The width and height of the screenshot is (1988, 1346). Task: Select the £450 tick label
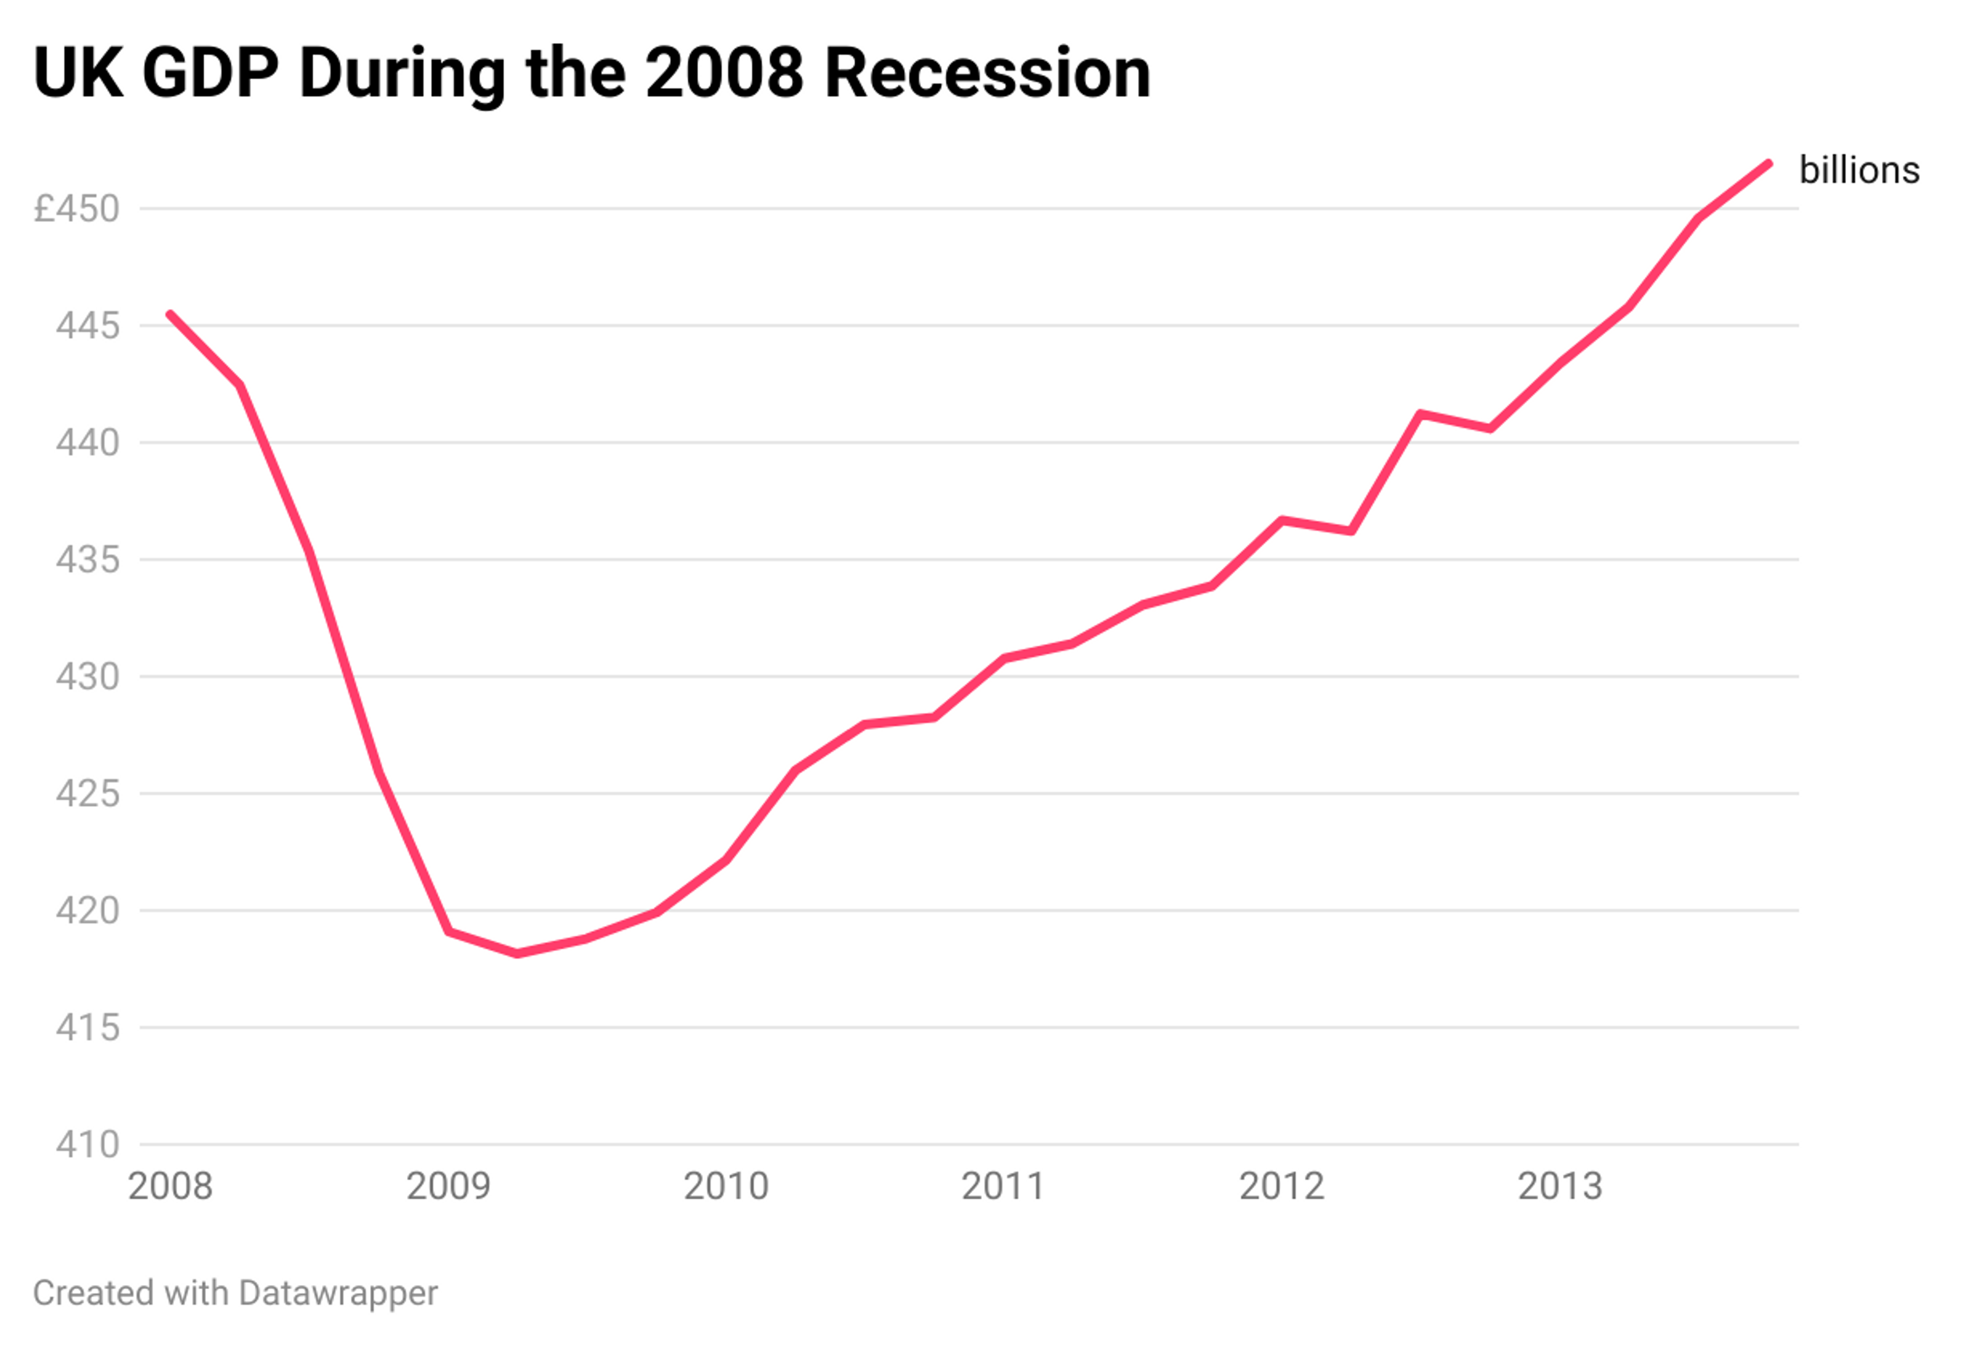[77, 209]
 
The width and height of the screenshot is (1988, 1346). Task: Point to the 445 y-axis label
[87, 326]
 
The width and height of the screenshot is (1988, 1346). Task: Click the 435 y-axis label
[87, 560]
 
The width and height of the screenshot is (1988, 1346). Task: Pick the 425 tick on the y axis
[87, 793]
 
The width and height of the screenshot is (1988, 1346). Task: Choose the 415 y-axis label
[87, 1028]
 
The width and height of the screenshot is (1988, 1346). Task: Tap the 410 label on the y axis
[87, 1144]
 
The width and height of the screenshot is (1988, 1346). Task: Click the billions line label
[1859, 170]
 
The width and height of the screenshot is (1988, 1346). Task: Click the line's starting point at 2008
[170, 314]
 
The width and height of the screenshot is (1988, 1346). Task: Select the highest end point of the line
[1768, 164]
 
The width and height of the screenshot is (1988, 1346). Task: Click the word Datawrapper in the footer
[338, 1293]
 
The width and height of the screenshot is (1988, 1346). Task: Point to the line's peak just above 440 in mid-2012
[1420, 415]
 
